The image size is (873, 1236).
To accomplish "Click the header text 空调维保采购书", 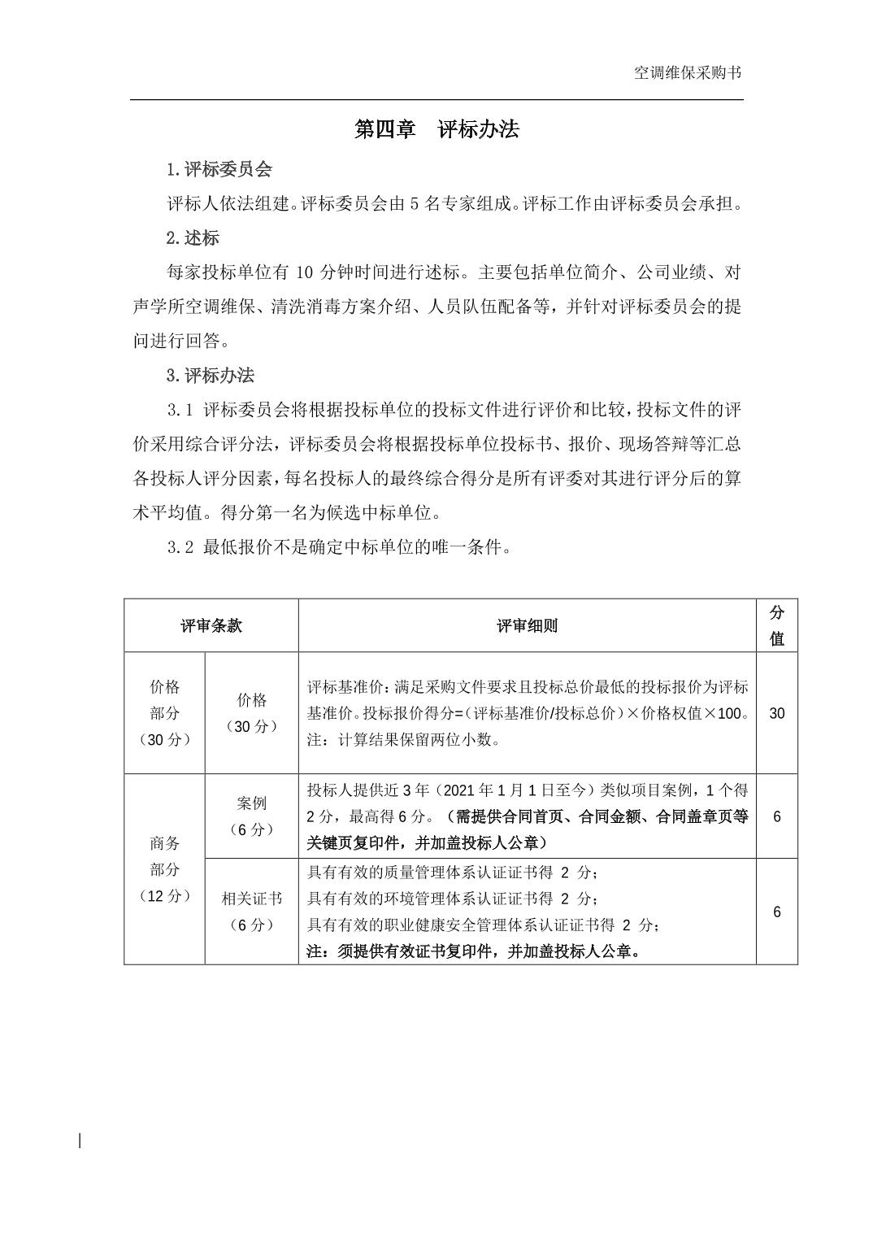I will coord(687,73).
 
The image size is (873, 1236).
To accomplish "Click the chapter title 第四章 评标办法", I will coord(436,129).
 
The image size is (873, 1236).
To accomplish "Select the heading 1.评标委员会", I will coord(219,169).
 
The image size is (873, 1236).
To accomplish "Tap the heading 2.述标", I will coord(193,237).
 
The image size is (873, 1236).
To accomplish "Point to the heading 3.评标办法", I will coord(210,375).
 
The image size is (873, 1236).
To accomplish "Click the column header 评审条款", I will coord(211,625).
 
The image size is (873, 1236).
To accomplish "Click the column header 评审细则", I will coord(527,625).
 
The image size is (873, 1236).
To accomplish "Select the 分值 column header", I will coord(776,625).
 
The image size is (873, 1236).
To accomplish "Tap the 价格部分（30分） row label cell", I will coord(164,713).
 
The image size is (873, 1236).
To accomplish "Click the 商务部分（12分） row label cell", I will coord(164,869).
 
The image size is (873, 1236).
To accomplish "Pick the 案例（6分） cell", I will coord(251,816).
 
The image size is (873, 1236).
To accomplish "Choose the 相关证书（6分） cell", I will coord(251,912).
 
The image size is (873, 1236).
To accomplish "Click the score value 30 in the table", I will coord(776,713).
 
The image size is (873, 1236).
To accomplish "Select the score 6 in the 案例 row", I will coord(776,816).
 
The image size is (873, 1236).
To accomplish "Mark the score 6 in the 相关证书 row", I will coord(776,912).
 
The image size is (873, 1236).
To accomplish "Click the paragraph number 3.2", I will coord(180,547).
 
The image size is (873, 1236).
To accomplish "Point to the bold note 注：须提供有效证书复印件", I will coord(474,951).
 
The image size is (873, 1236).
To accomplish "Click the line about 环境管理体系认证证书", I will coord(454,899).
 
